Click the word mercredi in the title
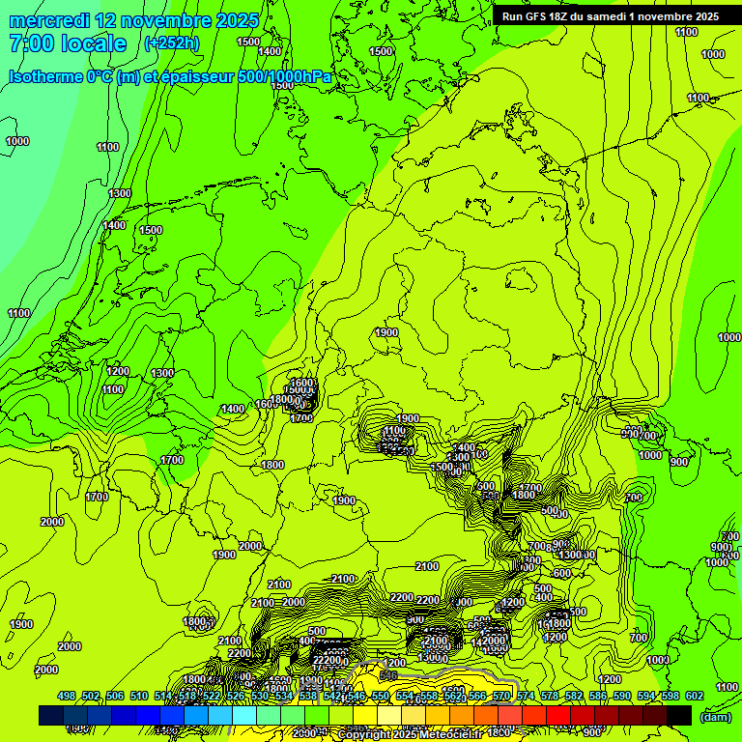(x=49, y=20)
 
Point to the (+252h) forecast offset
(x=171, y=43)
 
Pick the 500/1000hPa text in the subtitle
(x=288, y=77)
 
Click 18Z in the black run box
(x=560, y=16)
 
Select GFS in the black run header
(x=535, y=16)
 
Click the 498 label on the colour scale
(x=66, y=696)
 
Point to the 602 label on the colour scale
(x=694, y=696)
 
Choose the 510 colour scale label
(x=139, y=696)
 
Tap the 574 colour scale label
(x=525, y=696)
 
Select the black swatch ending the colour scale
(x=679, y=715)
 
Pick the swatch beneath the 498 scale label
(x=51, y=715)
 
